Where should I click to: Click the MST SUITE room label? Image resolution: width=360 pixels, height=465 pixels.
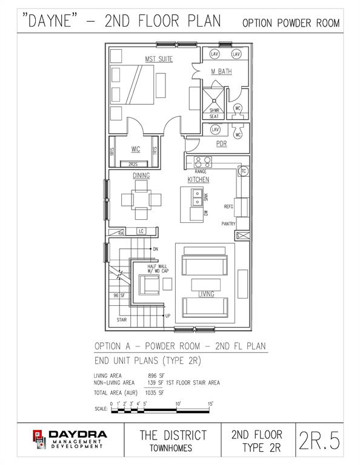159,59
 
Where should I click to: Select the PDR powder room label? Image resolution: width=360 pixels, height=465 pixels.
221,144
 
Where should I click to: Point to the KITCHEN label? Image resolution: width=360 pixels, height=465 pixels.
198,180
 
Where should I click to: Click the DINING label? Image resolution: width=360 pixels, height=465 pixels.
141,176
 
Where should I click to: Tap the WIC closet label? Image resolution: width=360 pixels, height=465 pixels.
136,149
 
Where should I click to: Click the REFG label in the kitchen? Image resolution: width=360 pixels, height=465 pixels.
228,207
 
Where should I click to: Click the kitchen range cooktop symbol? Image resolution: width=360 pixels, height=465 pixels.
202,162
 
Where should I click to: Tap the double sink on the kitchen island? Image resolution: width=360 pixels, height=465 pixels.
198,197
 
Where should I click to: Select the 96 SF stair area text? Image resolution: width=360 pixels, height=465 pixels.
119,295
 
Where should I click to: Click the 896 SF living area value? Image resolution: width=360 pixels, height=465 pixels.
157,375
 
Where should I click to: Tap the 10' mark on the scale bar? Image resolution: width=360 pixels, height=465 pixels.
178,403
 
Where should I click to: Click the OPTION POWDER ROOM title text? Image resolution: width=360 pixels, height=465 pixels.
290,23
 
